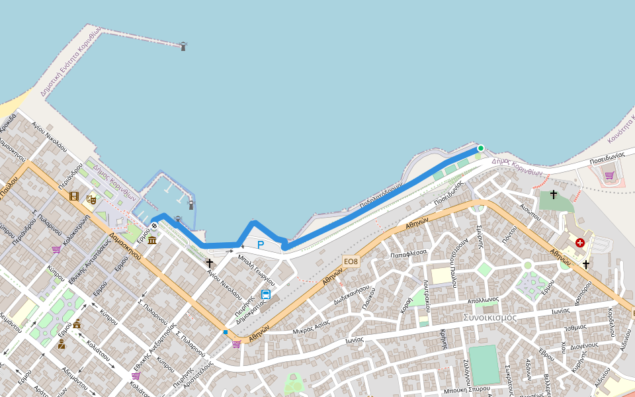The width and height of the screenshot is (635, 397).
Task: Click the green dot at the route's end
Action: tap(481, 148)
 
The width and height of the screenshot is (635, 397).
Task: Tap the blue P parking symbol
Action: tap(261, 245)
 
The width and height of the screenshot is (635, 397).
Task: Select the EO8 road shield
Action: tap(351, 261)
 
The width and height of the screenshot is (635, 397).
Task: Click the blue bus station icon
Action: tap(266, 294)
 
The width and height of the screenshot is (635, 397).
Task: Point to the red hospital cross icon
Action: tap(580, 243)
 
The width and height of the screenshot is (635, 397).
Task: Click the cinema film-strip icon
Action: tap(74, 196)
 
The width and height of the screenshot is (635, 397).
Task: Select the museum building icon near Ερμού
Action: tap(152, 238)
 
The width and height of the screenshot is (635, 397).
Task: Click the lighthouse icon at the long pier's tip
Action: tap(183, 46)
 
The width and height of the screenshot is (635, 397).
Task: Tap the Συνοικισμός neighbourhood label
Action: tap(490, 317)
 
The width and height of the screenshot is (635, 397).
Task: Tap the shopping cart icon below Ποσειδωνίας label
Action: tap(609, 175)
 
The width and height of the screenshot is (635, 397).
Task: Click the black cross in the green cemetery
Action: tap(554, 194)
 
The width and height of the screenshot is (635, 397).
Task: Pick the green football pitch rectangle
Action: tap(484, 364)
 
